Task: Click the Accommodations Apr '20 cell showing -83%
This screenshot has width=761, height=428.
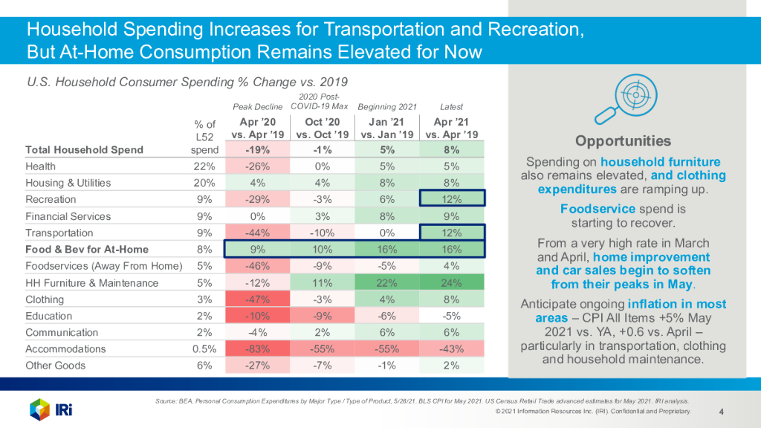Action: click(x=257, y=349)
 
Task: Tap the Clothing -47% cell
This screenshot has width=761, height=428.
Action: click(x=257, y=299)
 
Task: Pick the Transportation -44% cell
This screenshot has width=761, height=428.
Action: click(x=257, y=233)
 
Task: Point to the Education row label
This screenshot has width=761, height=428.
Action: click(x=49, y=316)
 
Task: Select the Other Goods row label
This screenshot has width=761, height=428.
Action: click(x=56, y=366)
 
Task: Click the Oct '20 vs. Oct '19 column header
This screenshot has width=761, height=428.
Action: click(x=323, y=128)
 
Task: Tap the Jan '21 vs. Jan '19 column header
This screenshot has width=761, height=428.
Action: click(x=387, y=128)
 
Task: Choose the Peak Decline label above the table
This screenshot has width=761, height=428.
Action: click(x=258, y=107)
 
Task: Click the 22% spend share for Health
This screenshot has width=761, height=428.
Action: click(x=204, y=166)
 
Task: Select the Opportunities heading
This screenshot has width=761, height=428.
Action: click(x=623, y=141)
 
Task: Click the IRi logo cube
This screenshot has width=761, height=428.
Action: click(x=39, y=408)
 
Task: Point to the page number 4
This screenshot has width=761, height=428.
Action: click(x=722, y=411)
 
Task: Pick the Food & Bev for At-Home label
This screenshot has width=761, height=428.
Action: click(x=87, y=250)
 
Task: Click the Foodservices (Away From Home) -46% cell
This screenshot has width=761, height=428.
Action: click(x=257, y=266)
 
